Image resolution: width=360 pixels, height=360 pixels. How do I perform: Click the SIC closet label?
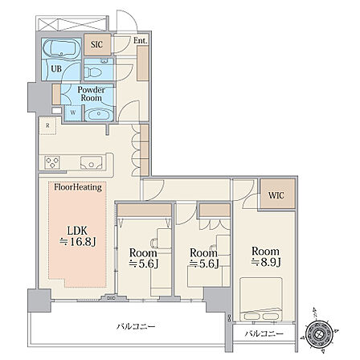point(96,44)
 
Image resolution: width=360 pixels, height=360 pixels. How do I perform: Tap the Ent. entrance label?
point(141,41)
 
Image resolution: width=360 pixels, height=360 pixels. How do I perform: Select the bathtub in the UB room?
point(62,48)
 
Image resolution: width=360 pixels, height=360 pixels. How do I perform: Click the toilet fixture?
point(93,72)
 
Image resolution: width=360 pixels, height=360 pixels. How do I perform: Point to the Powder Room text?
point(92,94)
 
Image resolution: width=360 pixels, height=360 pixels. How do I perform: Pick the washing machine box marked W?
point(73,112)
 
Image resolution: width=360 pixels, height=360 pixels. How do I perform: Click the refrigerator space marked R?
point(47,125)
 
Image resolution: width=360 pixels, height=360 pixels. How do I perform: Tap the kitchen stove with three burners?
point(52,162)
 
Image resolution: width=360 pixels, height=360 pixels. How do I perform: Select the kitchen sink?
point(92,162)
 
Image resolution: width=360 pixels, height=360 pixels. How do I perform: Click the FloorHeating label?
point(78,187)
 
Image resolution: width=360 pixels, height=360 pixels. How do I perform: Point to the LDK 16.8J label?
point(77,236)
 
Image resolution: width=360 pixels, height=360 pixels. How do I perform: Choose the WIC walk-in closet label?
point(276,195)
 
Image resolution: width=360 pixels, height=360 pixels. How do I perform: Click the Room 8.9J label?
point(265,256)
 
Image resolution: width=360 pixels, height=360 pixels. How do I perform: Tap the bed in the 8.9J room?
point(261,299)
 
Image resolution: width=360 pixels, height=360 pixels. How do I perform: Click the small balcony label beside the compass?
point(264,333)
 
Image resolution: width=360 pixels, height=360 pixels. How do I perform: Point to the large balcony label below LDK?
point(136,326)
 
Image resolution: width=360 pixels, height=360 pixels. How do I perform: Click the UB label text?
point(56,69)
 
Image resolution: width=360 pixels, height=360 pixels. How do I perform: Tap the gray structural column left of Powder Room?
point(39,97)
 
